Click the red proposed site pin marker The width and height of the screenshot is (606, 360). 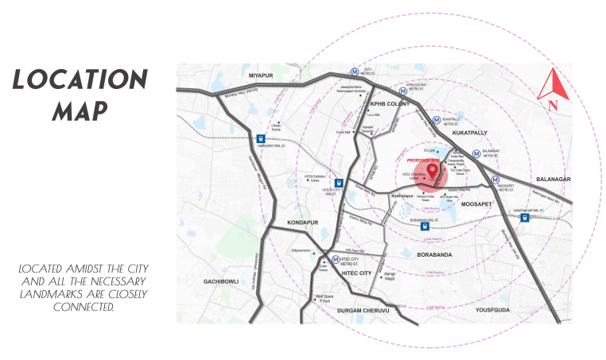(x=433, y=171)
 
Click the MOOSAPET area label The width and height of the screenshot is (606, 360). (x=476, y=204)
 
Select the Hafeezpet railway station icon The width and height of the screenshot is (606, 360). (x=260, y=140)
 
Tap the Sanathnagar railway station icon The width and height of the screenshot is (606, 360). (x=525, y=218)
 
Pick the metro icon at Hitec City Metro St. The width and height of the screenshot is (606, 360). (x=336, y=260)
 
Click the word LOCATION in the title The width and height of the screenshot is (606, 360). (x=80, y=80)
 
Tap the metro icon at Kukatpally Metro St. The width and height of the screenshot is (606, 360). (x=436, y=121)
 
